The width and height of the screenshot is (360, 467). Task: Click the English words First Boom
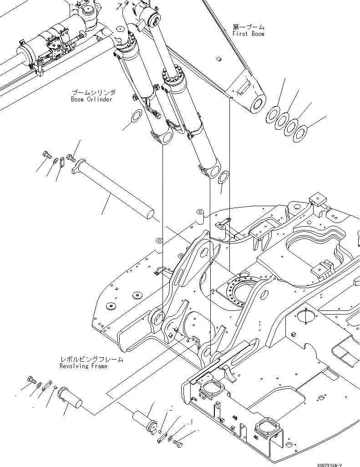(x=248, y=34)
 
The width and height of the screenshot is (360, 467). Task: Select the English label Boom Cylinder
(x=91, y=99)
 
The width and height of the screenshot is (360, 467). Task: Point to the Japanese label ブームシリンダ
(x=93, y=92)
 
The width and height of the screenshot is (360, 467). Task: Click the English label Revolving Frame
(x=84, y=366)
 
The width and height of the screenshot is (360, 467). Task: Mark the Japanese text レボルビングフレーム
(x=91, y=360)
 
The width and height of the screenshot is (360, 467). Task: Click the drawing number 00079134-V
(x=339, y=461)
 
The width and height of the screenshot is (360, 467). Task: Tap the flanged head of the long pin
(x=80, y=165)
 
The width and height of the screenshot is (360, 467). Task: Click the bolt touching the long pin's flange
(x=71, y=157)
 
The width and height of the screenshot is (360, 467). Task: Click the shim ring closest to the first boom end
(x=274, y=114)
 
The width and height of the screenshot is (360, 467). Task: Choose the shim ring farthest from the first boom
(x=300, y=133)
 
